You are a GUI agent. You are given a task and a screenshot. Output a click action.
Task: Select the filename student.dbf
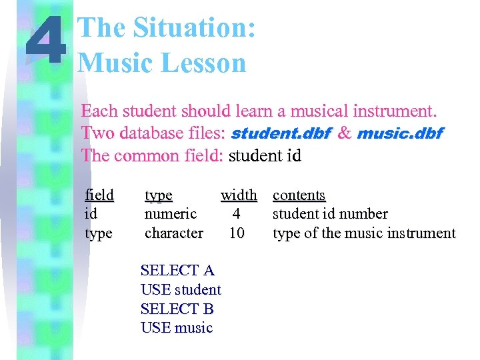280,133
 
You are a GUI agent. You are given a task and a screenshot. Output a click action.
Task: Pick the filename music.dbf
399,133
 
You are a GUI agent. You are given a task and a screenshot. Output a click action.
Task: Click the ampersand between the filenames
344,133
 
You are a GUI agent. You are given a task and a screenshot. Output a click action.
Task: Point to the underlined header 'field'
99,195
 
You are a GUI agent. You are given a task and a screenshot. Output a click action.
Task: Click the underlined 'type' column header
159,195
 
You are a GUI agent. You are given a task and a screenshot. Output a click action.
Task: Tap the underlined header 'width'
239,195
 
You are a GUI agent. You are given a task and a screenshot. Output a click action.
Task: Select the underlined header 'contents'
299,195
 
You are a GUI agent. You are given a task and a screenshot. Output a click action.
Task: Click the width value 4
236,214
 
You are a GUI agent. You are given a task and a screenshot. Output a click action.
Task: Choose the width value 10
236,233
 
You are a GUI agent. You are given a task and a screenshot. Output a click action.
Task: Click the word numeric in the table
171,214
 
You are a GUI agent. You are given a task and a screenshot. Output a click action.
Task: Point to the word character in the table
174,233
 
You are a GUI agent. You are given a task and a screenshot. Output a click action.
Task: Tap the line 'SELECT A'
177,271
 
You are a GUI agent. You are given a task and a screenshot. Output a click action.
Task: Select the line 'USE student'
181,290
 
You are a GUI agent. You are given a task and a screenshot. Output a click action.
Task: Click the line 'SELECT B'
177,309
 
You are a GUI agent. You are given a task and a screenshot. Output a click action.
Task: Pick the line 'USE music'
177,328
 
